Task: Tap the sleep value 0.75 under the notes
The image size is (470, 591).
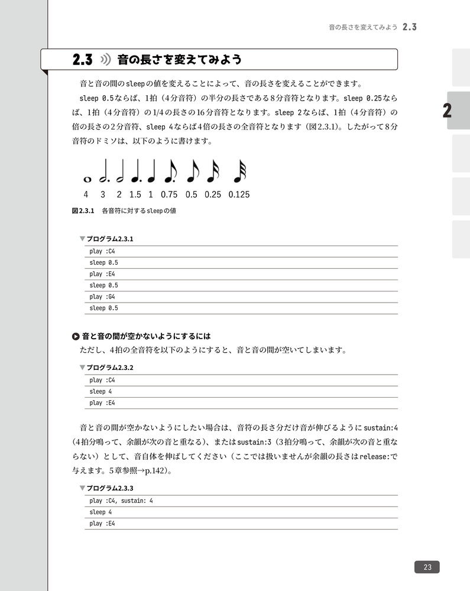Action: [x=168, y=194]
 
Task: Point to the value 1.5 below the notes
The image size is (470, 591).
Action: [x=135, y=194]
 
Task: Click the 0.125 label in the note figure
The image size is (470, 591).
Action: [x=239, y=194]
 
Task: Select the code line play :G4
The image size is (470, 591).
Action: [x=102, y=297]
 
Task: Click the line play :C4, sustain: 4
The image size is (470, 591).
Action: [x=121, y=501]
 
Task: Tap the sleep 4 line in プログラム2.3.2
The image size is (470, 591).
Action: [x=101, y=391]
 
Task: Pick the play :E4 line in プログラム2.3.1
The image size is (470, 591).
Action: [x=102, y=274]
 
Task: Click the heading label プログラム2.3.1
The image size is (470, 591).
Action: [x=110, y=239]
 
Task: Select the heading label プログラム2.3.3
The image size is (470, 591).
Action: [x=110, y=489]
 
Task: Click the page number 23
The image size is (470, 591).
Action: [x=427, y=567]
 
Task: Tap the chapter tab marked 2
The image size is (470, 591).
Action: [x=448, y=111]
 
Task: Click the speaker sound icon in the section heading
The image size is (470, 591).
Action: [x=106, y=60]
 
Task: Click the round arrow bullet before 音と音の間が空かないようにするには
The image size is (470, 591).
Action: [x=75, y=337]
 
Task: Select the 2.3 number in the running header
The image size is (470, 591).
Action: [x=410, y=27]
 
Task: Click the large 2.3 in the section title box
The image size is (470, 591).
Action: [x=83, y=60]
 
